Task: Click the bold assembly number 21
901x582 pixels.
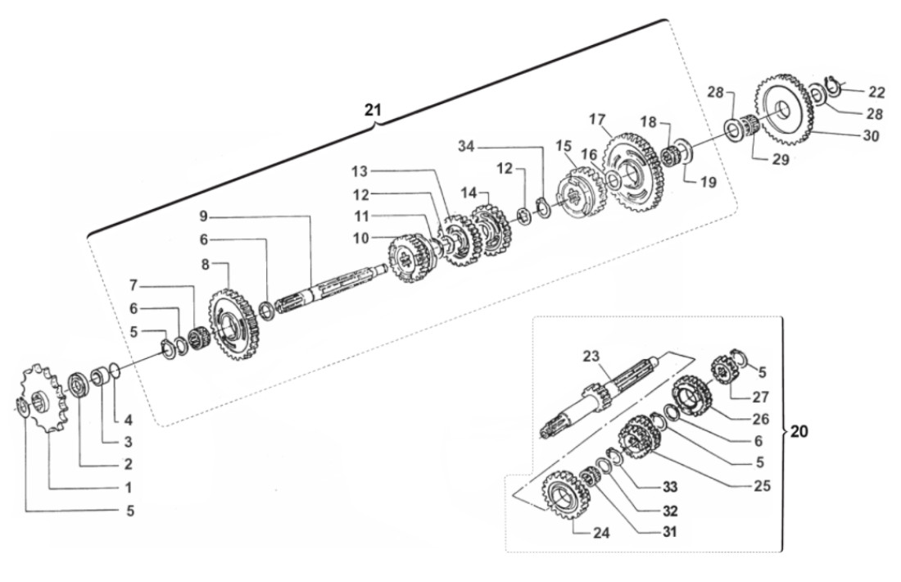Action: point(374,108)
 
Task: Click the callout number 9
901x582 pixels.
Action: point(204,216)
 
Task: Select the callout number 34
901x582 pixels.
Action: point(466,147)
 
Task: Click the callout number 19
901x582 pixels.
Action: point(708,181)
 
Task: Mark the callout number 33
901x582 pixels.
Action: point(670,486)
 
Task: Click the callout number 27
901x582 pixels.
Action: point(762,397)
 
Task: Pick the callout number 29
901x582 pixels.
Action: point(781,159)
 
